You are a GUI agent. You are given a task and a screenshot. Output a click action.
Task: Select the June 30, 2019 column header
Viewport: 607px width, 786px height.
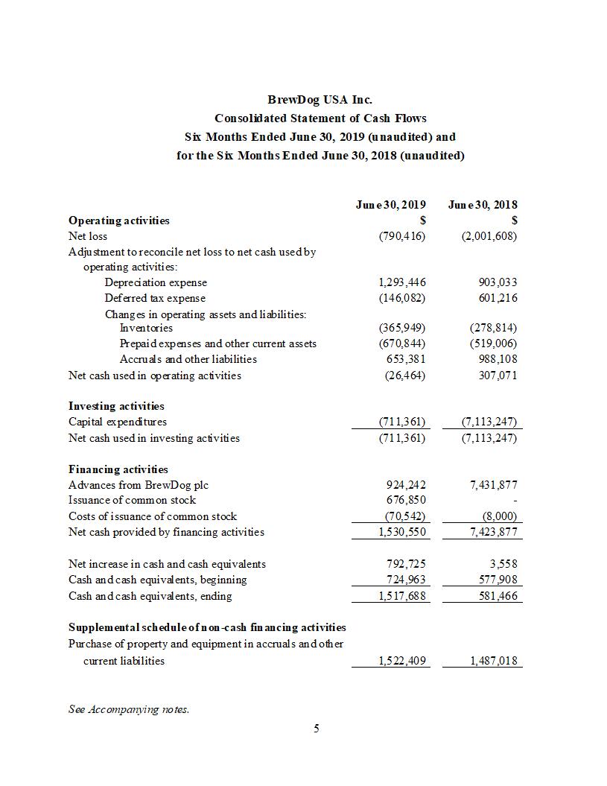coord(390,204)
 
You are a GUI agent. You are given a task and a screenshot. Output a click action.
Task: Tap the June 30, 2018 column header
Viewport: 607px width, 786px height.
coord(483,204)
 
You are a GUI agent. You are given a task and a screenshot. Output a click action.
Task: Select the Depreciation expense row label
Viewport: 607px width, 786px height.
coord(156,282)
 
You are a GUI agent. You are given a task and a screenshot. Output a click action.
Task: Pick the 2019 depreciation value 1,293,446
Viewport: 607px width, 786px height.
coord(402,282)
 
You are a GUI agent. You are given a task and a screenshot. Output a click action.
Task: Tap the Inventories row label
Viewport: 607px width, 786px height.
coord(146,328)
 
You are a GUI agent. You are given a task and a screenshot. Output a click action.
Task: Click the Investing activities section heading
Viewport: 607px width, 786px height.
coord(116,406)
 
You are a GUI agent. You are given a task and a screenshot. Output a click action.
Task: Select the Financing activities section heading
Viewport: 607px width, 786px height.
coord(118,469)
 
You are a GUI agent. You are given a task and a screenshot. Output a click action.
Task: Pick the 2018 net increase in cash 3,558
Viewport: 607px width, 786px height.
coord(503,564)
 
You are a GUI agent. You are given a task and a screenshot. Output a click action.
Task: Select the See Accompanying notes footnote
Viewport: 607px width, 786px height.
coord(129,709)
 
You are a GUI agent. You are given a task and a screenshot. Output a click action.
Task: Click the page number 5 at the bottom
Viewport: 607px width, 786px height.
coord(317,728)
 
